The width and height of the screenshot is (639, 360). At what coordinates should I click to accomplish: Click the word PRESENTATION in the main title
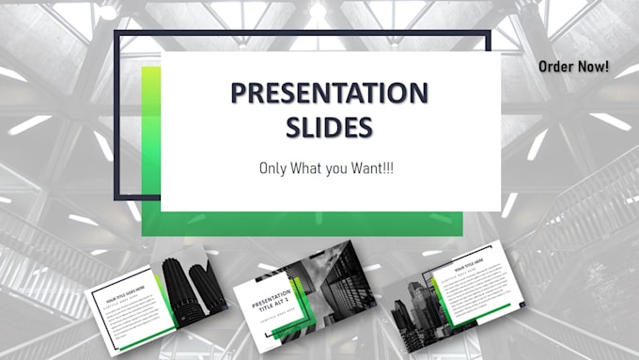pos(330,93)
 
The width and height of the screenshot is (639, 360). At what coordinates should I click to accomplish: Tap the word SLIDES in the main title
pos(330,126)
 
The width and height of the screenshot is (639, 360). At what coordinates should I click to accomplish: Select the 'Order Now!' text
pos(573,67)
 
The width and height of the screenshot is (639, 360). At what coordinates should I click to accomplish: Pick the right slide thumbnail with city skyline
pos(447,294)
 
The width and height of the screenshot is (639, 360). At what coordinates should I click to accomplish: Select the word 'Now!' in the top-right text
pos(593,67)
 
